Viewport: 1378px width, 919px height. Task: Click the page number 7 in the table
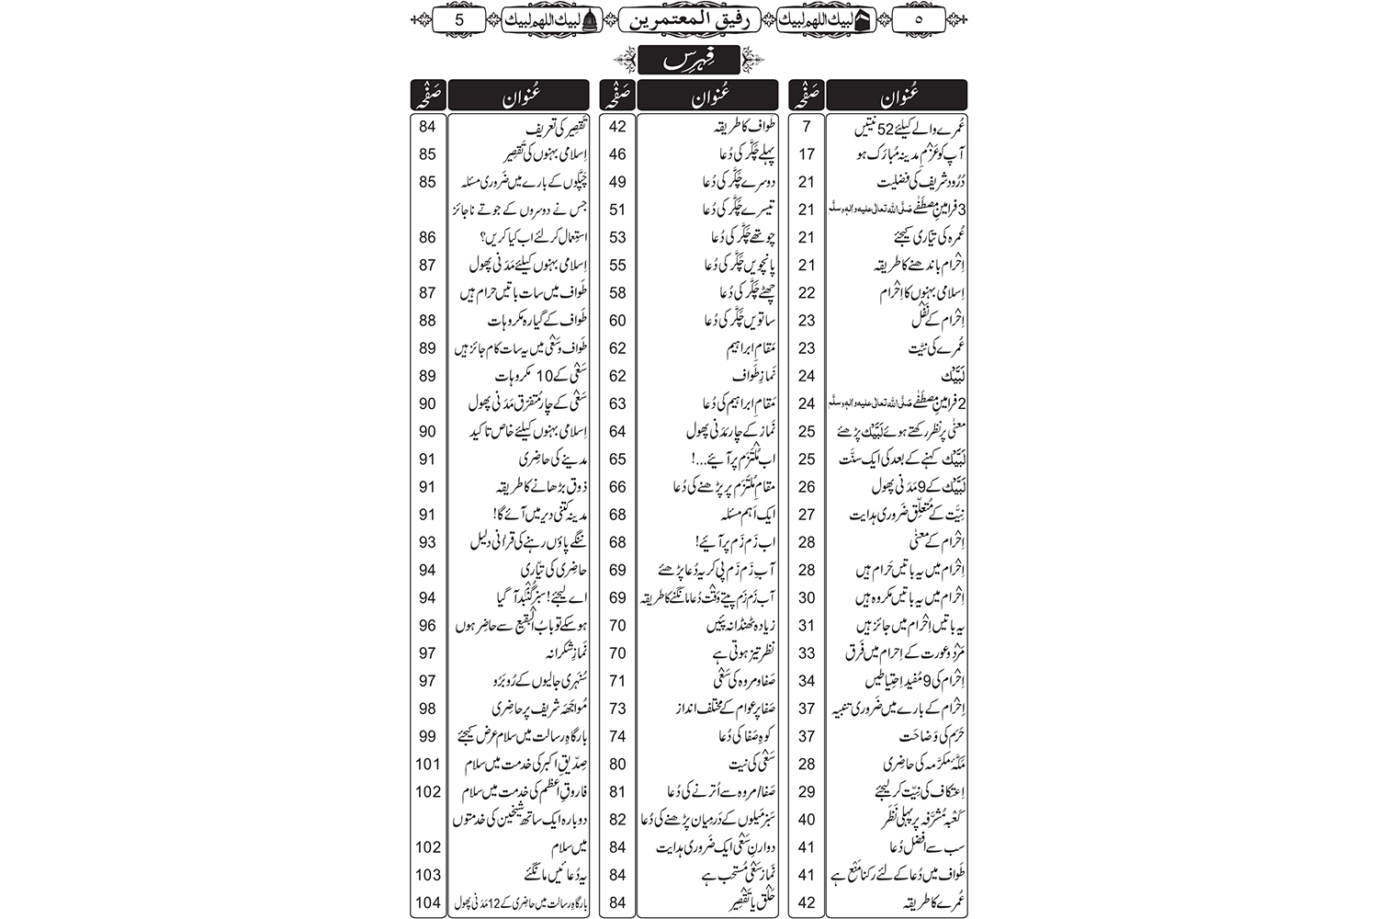coord(808,127)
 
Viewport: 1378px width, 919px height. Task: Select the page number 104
coord(427,902)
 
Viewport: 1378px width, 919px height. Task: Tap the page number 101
coord(427,764)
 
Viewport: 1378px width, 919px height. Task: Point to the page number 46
coord(617,154)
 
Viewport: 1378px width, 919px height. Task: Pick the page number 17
coord(808,154)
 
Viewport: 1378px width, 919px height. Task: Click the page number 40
coord(808,820)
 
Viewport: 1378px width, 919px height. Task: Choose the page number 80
coord(617,764)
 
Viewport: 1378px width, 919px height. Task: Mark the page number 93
coord(427,542)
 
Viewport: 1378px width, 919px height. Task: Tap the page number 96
coord(427,625)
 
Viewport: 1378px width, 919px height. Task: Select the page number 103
coord(427,875)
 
